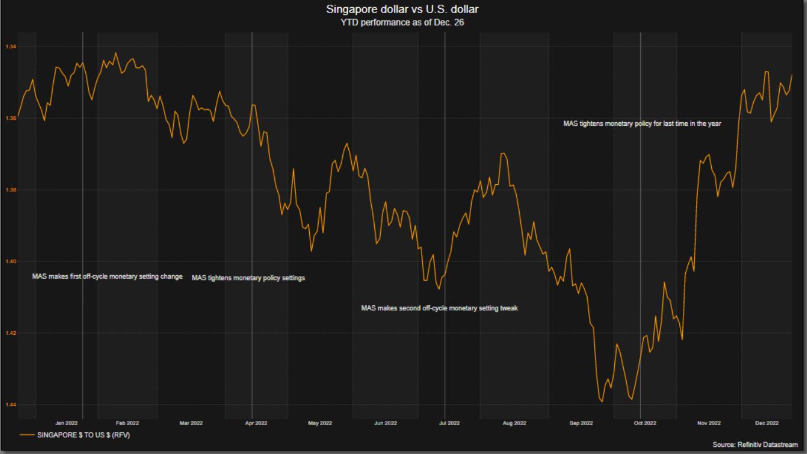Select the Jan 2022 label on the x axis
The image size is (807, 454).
[x=66, y=423]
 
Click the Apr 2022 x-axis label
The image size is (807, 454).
[x=256, y=423]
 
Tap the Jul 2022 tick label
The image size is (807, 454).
[x=449, y=423]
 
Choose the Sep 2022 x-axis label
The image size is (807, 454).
[x=581, y=423]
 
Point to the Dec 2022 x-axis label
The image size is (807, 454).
[x=767, y=423]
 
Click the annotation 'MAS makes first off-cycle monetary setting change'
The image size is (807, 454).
[x=107, y=277]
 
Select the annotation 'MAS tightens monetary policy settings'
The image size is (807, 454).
[x=248, y=278]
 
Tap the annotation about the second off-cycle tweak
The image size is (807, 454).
[x=439, y=308]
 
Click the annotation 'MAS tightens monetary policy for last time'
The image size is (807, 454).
[x=642, y=124]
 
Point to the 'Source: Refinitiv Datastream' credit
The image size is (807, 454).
[x=755, y=445]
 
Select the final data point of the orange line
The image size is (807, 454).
[x=792, y=75]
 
